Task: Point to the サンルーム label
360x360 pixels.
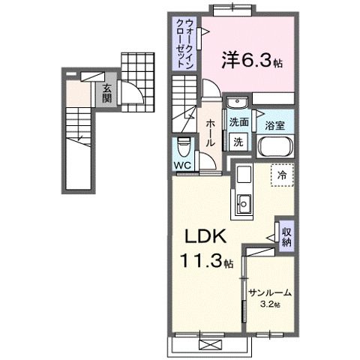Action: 271,293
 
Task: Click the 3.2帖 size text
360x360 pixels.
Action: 270,304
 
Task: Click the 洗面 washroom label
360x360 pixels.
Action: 239,123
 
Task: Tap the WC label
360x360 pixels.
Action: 182,165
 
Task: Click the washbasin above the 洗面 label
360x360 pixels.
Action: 235,104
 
